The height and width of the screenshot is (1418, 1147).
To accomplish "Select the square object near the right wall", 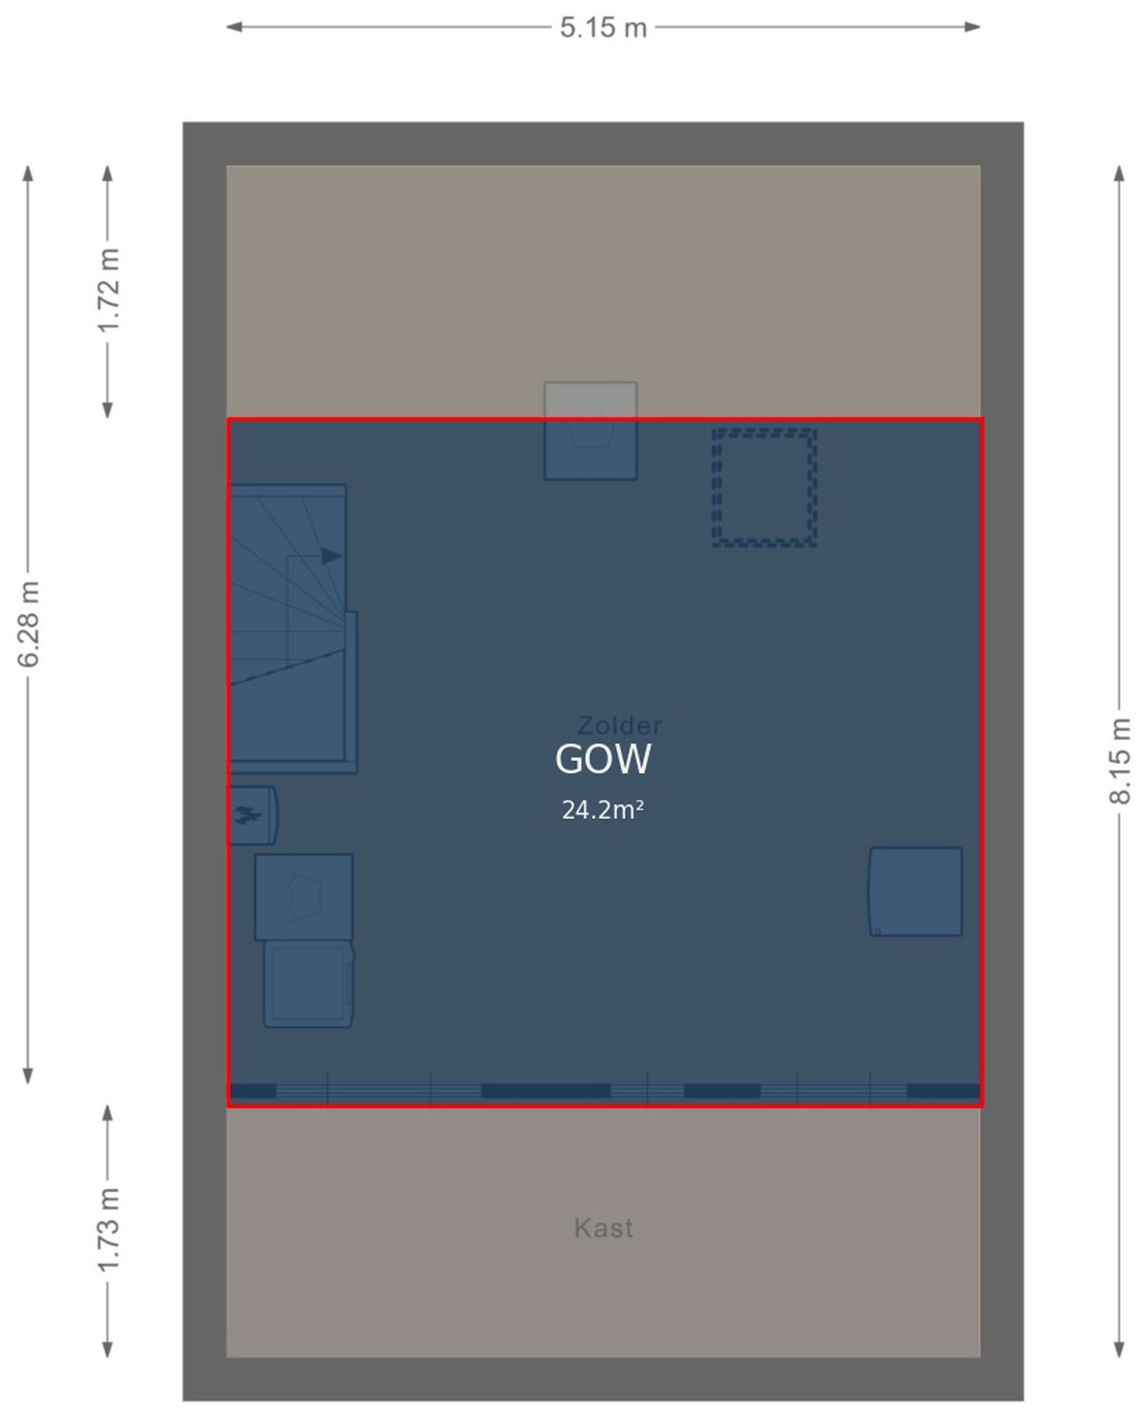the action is (916, 892).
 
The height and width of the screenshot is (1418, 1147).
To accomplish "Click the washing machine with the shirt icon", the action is (304, 897).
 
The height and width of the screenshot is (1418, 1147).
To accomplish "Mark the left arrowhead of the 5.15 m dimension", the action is (234, 27).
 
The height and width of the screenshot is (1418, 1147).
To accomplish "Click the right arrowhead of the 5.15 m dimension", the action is (973, 27).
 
